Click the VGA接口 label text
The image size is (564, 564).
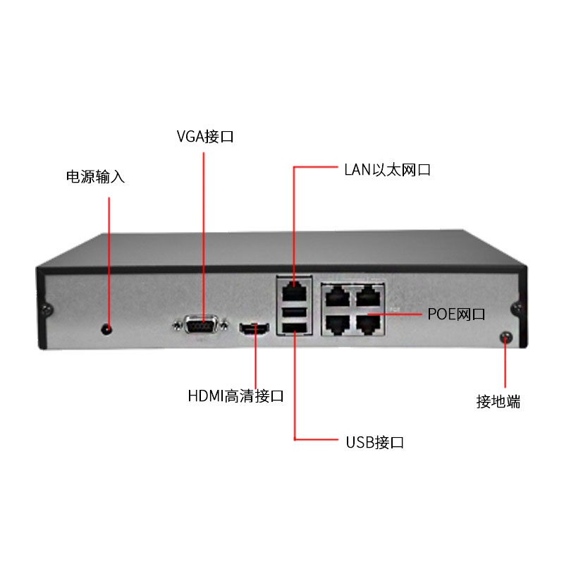204,136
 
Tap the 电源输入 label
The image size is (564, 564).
95,176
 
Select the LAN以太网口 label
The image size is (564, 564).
387,170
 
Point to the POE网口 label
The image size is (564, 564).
456,314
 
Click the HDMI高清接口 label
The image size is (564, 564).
235,396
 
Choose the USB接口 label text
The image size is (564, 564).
374,443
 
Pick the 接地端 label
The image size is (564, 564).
498,402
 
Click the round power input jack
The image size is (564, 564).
107,328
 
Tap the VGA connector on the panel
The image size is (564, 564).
201,326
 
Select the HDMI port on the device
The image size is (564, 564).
255,328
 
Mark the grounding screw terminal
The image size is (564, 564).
505,337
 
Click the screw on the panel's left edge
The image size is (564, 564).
47,309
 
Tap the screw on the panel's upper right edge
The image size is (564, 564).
517,308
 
